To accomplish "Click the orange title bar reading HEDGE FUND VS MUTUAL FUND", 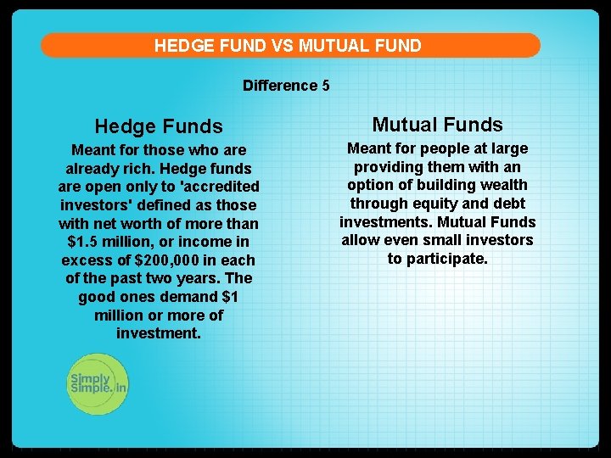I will tap(289, 46).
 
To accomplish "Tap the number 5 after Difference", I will tap(326, 86).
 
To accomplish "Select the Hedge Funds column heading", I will tap(159, 126).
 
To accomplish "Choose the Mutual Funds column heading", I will tap(437, 125).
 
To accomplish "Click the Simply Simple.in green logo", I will tap(98, 383).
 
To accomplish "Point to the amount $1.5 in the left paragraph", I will tap(84, 242).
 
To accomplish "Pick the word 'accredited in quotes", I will tap(216, 187).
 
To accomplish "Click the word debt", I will tap(507, 204).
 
